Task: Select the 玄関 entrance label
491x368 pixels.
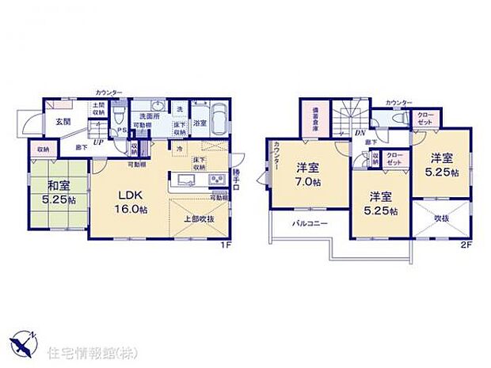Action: (x=63, y=122)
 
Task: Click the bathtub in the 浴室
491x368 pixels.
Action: (x=220, y=119)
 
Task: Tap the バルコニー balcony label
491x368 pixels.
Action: (x=303, y=223)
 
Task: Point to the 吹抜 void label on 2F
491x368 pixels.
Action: (x=442, y=218)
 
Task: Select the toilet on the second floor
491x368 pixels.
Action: (x=382, y=119)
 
